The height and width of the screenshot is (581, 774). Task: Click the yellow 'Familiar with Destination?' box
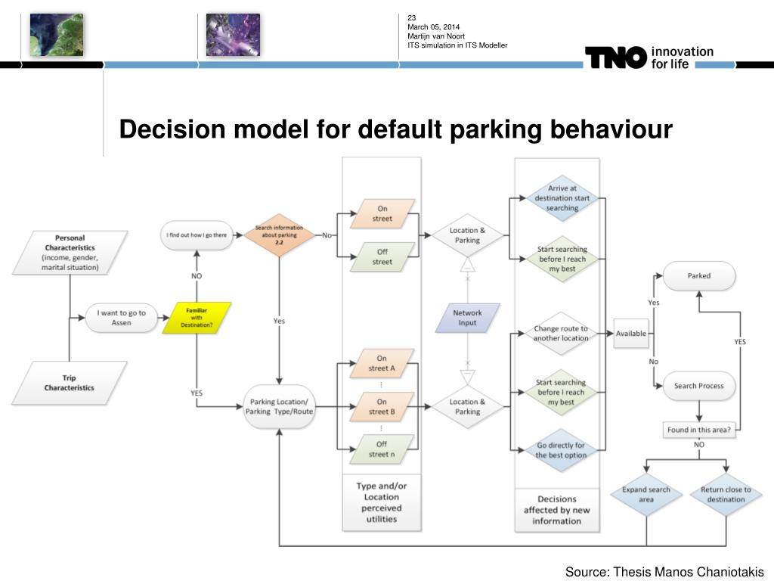(x=197, y=318)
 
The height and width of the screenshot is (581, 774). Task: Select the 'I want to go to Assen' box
(x=122, y=318)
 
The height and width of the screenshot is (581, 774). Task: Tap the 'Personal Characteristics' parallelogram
(x=70, y=252)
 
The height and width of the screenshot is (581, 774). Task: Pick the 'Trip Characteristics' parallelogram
(x=69, y=383)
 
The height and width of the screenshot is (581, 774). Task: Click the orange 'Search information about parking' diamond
(x=279, y=235)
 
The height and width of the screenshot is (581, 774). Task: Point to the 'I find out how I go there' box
(x=197, y=235)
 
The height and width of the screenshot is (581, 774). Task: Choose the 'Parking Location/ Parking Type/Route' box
(x=279, y=406)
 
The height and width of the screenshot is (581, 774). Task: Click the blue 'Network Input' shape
(x=467, y=318)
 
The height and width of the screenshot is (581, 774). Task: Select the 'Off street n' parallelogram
(x=382, y=449)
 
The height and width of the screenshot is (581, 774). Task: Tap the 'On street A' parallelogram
(x=382, y=363)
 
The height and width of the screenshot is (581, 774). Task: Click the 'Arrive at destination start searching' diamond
(x=562, y=198)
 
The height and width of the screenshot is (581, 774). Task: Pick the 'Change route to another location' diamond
(x=560, y=334)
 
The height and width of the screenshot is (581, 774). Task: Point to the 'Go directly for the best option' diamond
(x=560, y=450)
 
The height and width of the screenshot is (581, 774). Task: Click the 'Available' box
(x=630, y=334)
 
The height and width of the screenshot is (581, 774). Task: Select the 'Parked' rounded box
(x=698, y=276)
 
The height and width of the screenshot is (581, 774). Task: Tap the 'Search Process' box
(x=698, y=386)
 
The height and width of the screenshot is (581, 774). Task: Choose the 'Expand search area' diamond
(x=646, y=494)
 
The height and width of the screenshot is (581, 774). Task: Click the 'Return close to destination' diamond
(x=726, y=494)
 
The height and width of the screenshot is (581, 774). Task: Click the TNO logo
(x=616, y=57)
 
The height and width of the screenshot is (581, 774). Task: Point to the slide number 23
(x=412, y=18)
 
